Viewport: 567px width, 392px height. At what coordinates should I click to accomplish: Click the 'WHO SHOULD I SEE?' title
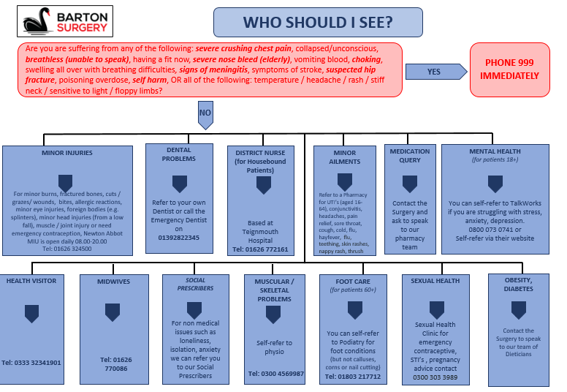point(317,23)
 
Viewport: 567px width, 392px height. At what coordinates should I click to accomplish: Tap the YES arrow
point(436,72)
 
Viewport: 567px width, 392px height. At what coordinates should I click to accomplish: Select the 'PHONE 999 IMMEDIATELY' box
point(509,70)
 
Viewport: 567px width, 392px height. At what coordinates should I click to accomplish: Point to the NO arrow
point(205,114)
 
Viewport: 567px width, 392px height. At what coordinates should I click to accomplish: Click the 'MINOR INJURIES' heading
point(67,154)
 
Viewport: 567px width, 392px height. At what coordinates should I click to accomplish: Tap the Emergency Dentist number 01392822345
point(179,238)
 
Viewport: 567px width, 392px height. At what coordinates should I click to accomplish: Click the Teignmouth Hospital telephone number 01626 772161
point(260,249)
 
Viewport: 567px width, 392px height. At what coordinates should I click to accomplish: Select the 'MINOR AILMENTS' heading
point(345,157)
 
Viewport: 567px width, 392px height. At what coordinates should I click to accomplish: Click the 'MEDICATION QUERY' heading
point(410,155)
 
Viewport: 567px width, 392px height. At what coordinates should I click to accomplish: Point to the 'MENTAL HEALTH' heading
point(495,151)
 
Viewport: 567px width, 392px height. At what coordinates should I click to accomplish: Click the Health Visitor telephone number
point(31,362)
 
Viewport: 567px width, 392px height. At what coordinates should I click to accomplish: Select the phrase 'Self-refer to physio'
point(273,347)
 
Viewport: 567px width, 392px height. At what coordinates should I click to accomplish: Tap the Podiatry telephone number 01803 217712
point(354,376)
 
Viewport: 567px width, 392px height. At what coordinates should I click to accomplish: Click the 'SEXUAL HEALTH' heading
point(435,280)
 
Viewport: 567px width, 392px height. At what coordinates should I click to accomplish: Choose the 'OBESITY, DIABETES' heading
point(518,284)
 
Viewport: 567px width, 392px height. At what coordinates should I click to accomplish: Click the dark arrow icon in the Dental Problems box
point(179,184)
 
